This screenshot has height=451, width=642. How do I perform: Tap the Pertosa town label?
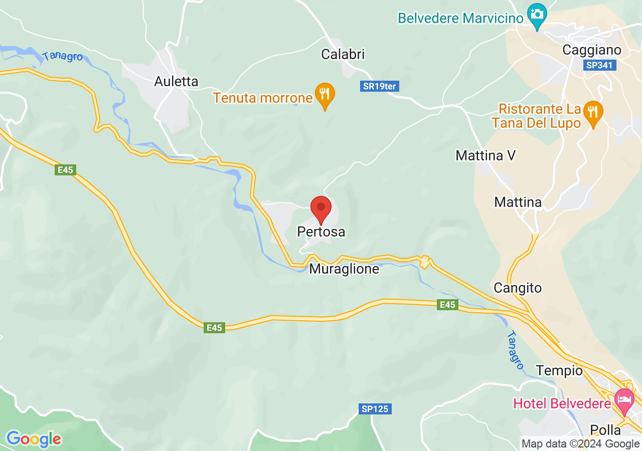pos(321,232)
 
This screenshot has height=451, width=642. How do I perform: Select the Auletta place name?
pos(176,81)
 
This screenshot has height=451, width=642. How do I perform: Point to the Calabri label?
pos(343,54)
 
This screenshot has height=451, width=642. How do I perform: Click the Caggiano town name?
pos(592,50)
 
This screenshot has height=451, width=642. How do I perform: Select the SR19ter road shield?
pos(380,86)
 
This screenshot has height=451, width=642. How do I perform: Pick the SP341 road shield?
pos(600,65)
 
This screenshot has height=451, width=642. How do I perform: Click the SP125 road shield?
pos(375,409)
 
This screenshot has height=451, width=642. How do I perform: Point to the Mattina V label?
pos(486,155)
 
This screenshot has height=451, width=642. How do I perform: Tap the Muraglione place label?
pos(344,269)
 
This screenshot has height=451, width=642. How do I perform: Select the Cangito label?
pos(518,288)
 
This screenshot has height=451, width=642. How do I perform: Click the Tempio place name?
pos(559,371)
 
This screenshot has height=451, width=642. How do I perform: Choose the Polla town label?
pos(605,430)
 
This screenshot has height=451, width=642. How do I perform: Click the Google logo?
pos(34,439)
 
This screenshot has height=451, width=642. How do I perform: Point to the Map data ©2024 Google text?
pos(580,443)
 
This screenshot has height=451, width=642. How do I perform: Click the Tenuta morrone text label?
pos(263,97)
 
